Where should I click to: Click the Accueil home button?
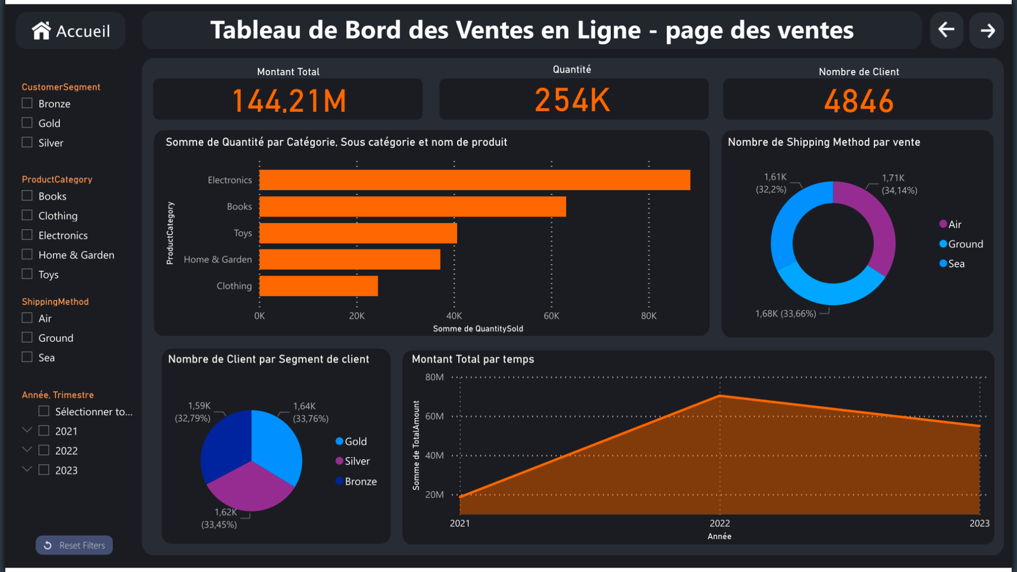(71, 31)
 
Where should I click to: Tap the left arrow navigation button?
(946, 30)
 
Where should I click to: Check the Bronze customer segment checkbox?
(27, 103)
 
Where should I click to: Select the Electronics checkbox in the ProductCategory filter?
(27, 235)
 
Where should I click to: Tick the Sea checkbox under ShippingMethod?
(27, 357)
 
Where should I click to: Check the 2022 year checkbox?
(44, 450)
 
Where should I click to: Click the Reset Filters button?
(74, 545)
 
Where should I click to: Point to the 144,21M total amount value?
(289, 100)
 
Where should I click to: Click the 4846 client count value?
(859, 100)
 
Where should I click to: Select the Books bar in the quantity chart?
(412, 207)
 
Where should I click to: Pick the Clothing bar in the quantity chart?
(318, 286)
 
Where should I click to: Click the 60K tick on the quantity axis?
(551, 316)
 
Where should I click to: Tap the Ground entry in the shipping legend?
(961, 244)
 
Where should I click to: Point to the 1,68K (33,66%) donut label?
(786, 314)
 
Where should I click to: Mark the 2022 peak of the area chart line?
(720, 396)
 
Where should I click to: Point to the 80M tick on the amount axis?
(435, 378)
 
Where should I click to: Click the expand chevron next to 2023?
(27, 469)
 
